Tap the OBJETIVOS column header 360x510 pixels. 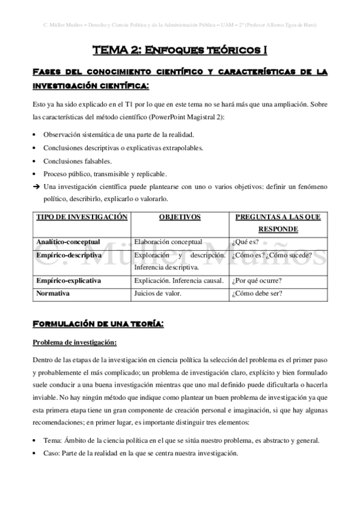tap(180, 217)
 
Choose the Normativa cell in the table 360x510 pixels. tap(53, 293)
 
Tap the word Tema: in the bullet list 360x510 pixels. tap(52, 440)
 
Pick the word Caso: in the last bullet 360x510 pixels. tap(52, 453)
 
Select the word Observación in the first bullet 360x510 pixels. tap(63, 134)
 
